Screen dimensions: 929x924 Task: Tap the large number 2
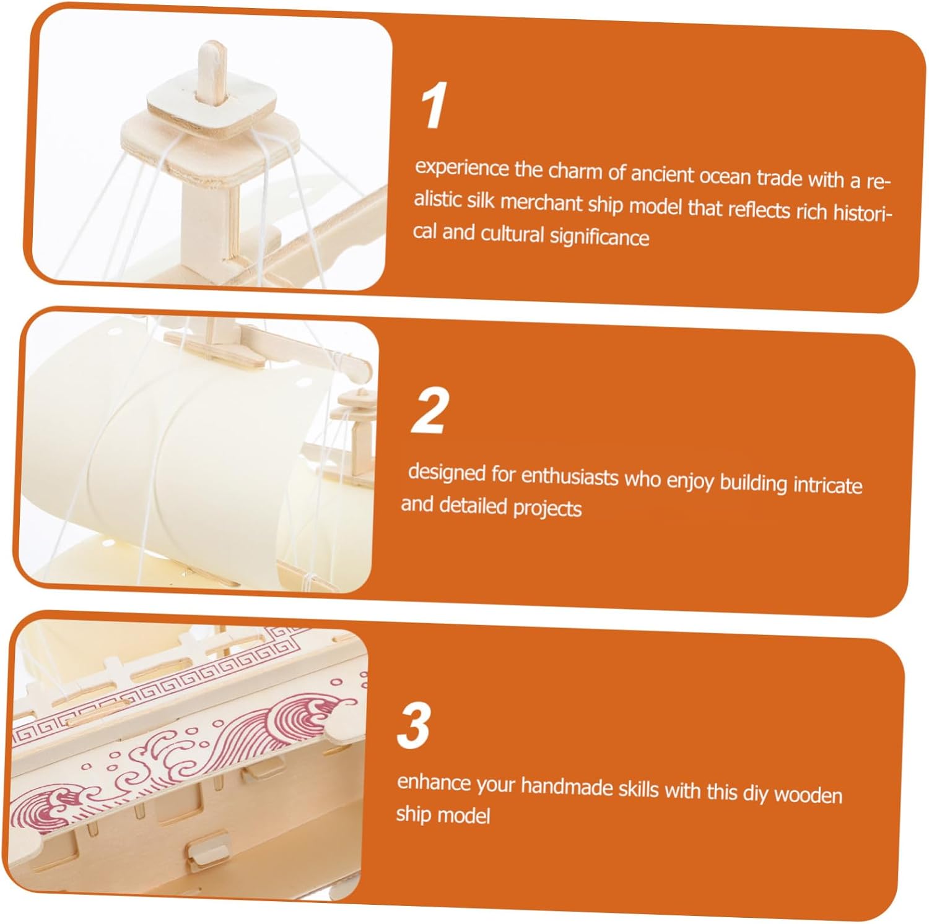pyautogui.click(x=430, y=410)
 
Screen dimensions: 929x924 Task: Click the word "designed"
pyautogui.click(x=447, y=473)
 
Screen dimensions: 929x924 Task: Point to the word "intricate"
pyautogui.click(x=827, y=485)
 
